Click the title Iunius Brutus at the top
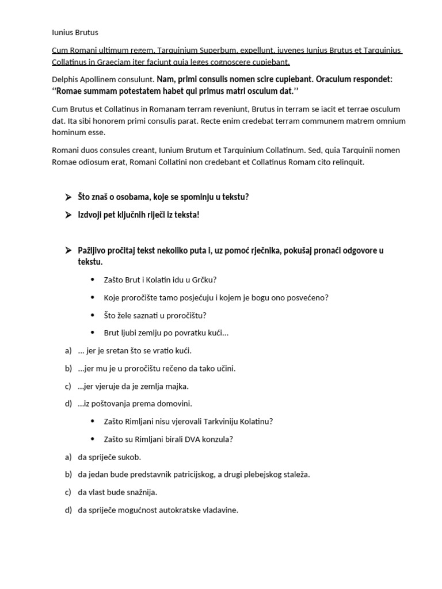click(75, 33)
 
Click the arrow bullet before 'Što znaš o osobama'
click(68, 197)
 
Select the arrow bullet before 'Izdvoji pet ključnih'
click(68, 215)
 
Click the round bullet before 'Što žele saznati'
click(94, 315)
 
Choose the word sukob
click(129, 457)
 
